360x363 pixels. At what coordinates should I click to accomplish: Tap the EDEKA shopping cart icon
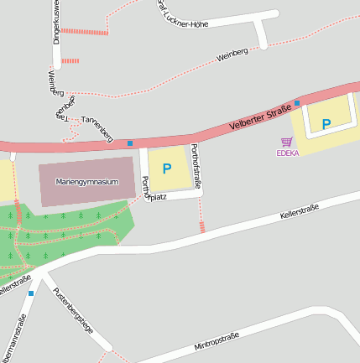[287, 143]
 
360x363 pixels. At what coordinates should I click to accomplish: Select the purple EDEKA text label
[287, 153]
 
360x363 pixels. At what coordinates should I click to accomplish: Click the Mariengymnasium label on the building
[87, 181]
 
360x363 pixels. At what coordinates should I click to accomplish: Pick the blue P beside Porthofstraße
[166, 169]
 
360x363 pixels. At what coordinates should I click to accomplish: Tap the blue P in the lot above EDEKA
[326, 124]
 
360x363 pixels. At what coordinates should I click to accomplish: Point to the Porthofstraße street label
[196, 167]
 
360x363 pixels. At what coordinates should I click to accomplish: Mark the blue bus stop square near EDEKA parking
[297, 103]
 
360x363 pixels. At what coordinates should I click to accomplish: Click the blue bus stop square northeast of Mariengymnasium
[130, 143]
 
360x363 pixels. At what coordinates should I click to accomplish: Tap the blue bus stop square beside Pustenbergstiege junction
[31, 293]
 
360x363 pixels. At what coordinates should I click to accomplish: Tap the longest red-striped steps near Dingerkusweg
[84, 32]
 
